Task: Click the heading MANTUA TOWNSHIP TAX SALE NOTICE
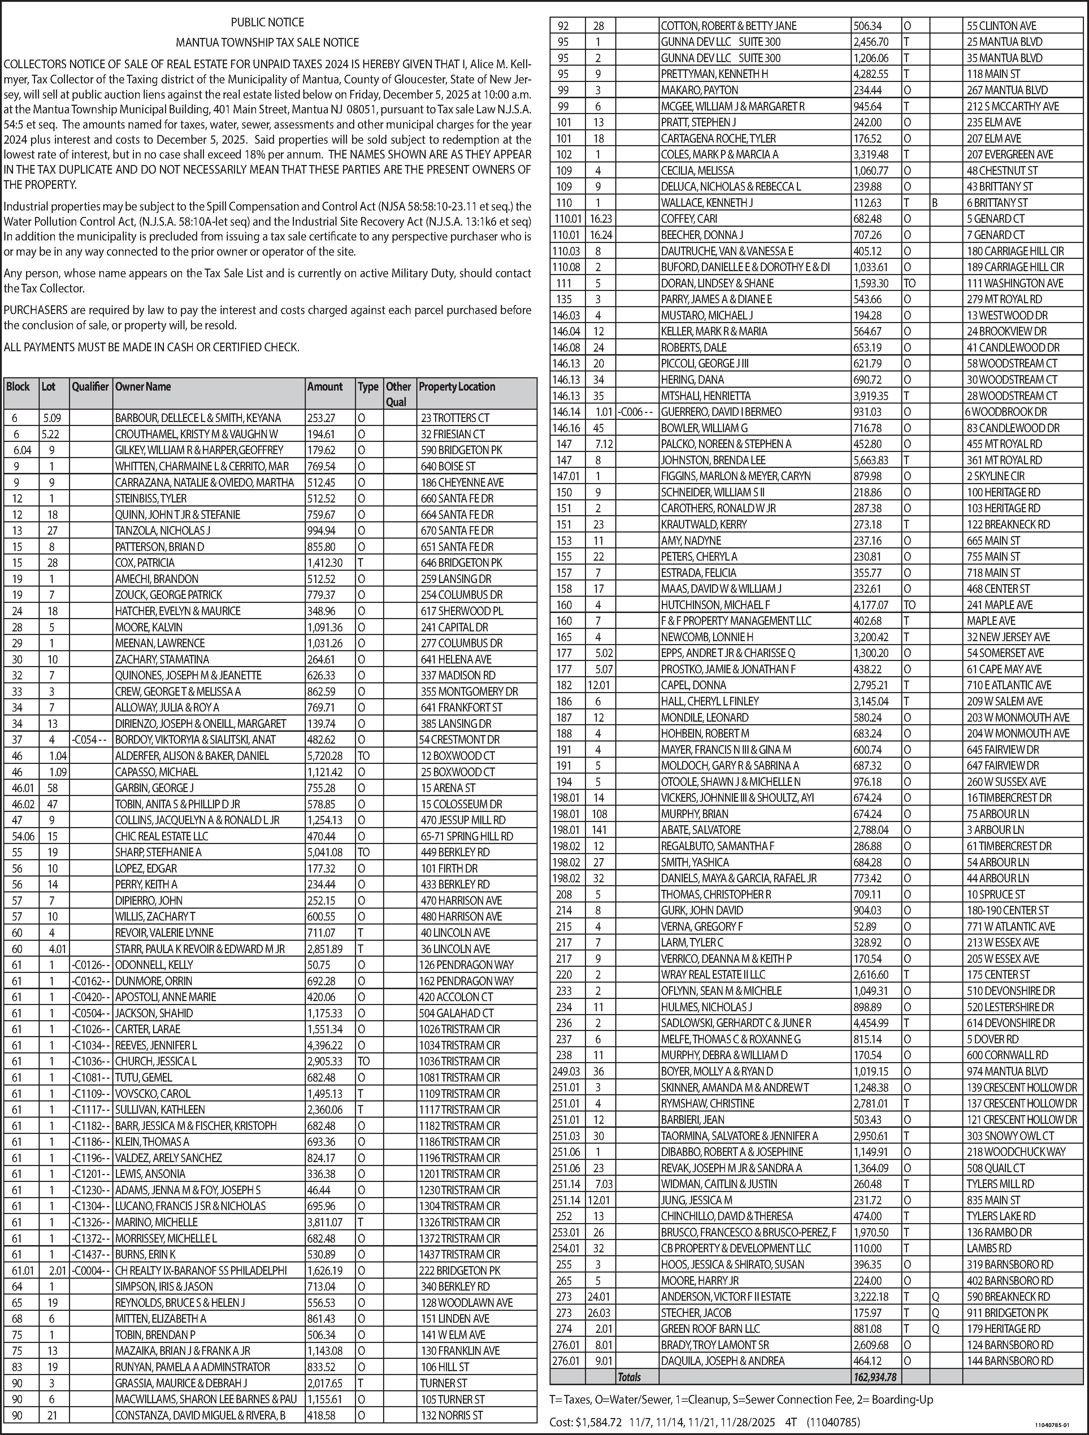268,42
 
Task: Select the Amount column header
325,387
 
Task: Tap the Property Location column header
457,387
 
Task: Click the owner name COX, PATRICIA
145,562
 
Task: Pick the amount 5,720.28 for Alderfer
325,756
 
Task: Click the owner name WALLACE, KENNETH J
707,203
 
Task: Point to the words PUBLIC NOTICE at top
268,22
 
